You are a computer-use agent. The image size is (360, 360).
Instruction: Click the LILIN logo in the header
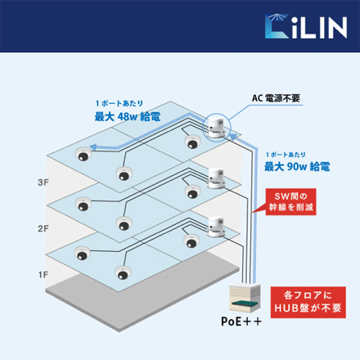(306, 26)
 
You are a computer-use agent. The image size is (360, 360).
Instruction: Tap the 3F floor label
(43, 182)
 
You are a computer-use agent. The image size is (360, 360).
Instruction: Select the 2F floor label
(43, 228)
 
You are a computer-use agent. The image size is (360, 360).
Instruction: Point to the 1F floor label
(43, 275)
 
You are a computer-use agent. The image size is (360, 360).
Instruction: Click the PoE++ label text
(241, 321)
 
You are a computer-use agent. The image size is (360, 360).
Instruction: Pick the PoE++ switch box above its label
(245, 299)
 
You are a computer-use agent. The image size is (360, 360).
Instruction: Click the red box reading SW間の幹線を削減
(290, 202)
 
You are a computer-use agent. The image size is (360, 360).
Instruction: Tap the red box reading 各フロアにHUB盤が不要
(308, 302)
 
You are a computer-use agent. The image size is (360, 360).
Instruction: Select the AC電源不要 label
(276, 98)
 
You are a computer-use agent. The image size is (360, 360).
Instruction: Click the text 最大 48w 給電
(128, 117)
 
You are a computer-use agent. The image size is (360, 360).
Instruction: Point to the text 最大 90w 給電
(297, 166)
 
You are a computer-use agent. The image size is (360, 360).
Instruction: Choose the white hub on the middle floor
(217, 178)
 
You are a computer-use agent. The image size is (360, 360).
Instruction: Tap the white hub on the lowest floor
(216, 227)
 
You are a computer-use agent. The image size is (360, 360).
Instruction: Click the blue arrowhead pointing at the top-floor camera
(93, 147)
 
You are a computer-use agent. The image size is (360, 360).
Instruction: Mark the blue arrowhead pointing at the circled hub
(232, 137)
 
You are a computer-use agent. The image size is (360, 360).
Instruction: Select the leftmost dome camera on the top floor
(83, 154)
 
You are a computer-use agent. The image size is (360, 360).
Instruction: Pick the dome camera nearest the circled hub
(192, 142)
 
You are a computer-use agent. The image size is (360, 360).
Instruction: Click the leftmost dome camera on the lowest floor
(82, 253)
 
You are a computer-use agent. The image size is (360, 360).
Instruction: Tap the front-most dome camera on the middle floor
(124, 223)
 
